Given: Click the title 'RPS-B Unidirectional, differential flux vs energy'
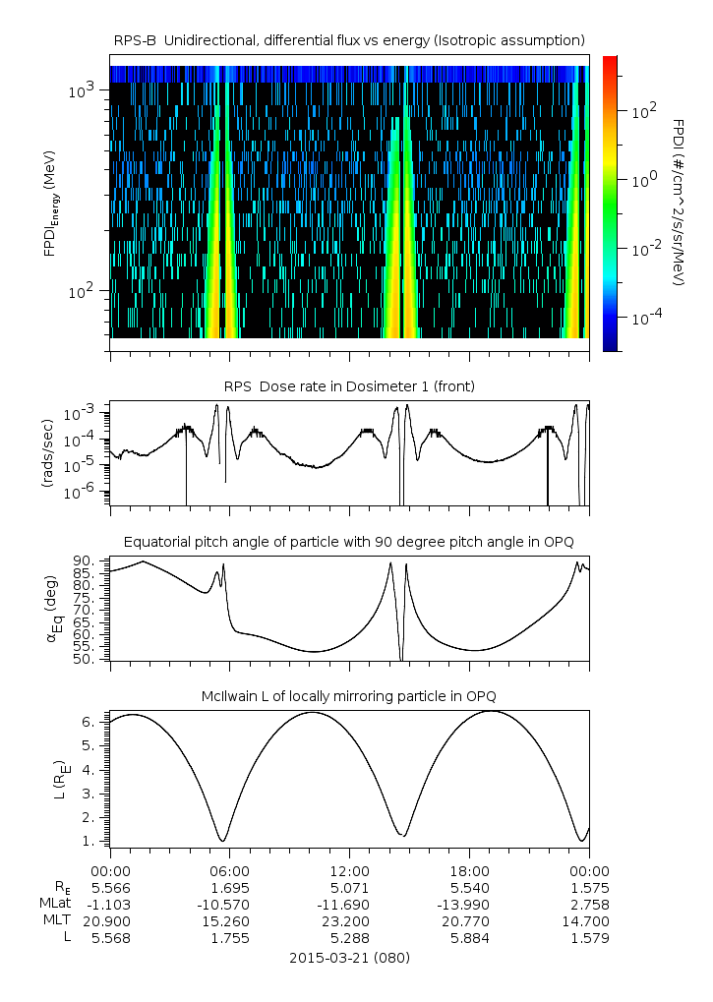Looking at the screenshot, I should tap(349, 39).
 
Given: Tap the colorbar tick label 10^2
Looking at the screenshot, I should tap(644, 111).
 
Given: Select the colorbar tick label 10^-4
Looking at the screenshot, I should tap(644, 319).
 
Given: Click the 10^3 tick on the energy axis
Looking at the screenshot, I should tap(81, 91).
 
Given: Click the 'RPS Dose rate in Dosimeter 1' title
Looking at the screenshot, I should tap(349, 386).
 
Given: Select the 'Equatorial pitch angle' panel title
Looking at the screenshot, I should tap(349, 542).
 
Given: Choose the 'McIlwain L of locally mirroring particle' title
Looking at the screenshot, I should tap(349, 697).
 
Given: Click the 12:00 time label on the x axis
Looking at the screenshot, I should tap(349, 871).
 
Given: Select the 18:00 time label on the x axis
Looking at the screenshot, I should tap(469, 871).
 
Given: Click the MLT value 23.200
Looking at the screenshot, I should tap(349, 921).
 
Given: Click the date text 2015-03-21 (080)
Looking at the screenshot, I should tap(349, 957).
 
